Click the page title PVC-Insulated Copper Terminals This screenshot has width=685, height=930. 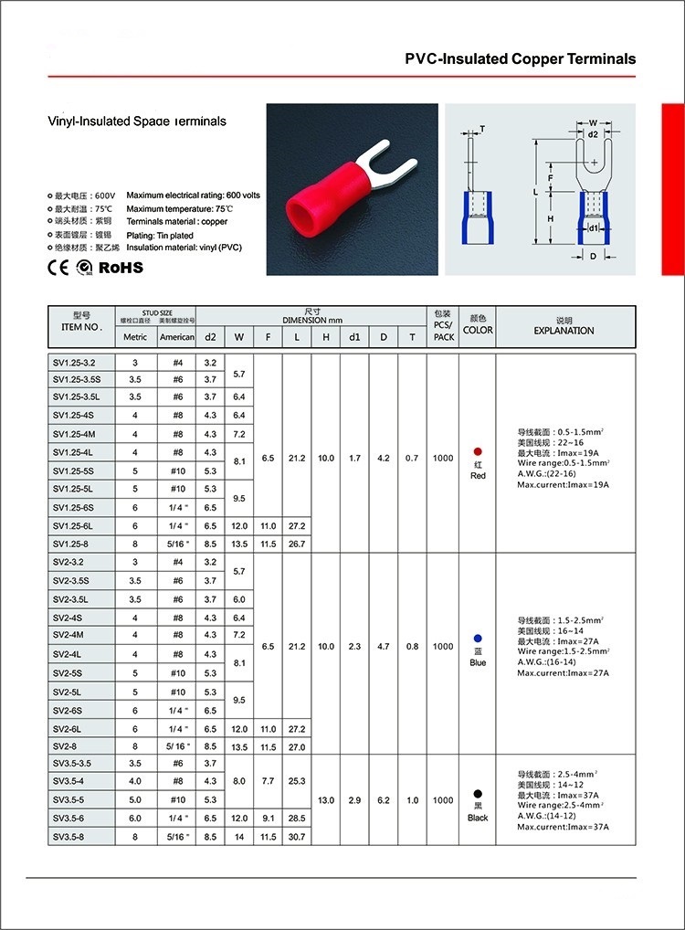tap(520, 58)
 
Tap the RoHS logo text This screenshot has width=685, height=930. tap(121, 267)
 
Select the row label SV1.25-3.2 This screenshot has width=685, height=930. tap(80, 363)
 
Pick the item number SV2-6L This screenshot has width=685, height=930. tap(73, 729)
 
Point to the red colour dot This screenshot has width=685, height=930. tap(478, 452)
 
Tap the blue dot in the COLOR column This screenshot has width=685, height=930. tap(478, 639)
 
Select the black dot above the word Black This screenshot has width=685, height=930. tap(478, 794)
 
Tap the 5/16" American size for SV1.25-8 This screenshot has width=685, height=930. tap(177, 544)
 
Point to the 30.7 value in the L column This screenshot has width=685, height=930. tap(296, 837)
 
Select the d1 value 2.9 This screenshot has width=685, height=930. tap(354, 800)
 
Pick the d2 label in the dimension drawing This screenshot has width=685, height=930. tap(593, 134)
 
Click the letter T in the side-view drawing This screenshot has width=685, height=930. tap(481, 128)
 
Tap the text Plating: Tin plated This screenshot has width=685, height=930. tap(166, 235)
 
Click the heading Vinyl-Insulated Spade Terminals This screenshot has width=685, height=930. tap(136, 121)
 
